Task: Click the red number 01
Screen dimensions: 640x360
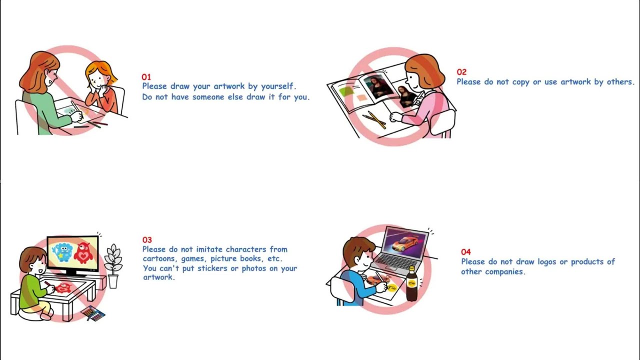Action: (x=146, y=77)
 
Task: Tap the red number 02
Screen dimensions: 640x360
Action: (x=461, y=72)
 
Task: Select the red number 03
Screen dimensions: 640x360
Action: (x=147, y=239)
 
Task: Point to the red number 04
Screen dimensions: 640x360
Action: (x=465, y=251)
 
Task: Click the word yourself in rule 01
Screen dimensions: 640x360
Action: (x=278, y=86)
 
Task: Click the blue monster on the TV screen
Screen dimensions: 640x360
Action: (x=62, y=252)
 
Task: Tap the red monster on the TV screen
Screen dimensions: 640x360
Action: (x=83, y=252)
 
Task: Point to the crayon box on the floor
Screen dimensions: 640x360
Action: (x=93, y=313)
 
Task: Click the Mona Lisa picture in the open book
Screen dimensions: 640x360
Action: (x=377, y=87)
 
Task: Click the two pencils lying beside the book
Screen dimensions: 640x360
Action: (x=374, y=119)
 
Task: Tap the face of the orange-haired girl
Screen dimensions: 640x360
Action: (x=97, y=79)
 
